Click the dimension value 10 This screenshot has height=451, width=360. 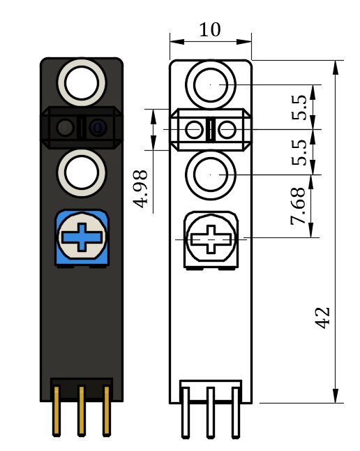[x=209, y=30]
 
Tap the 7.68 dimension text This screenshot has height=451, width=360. [x=298, y=206]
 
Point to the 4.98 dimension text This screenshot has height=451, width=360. [x=142, y=188]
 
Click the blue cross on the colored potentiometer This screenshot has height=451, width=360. [x=82, y=237]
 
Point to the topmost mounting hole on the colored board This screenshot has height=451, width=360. [x=82, y=82]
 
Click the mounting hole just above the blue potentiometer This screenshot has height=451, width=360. [x=82, y=171]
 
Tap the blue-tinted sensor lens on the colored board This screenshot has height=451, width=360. [x=97, y=128]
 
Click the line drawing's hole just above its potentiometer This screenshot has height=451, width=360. [x=210, y=173]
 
